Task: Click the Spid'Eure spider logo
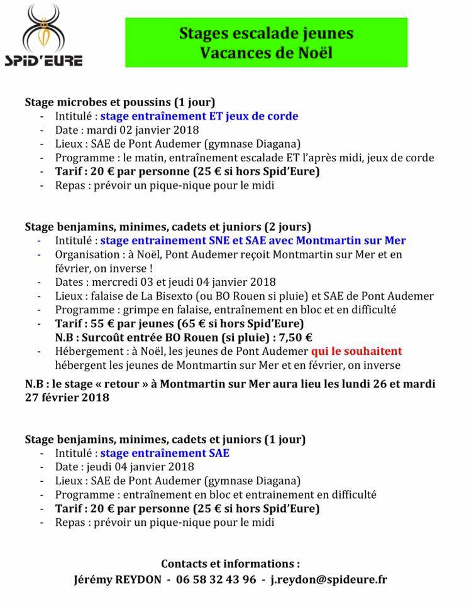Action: [x=44, y=36]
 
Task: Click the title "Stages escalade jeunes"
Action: [x=266, y=33]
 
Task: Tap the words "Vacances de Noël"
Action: [x=266, y=53]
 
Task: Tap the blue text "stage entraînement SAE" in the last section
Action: [x=165, y=453]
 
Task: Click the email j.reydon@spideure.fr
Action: [x=329, y=579]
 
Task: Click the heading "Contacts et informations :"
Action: [x=231, y=563]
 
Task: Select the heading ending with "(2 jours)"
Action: [x=168, y=226]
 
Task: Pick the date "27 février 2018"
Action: [x=67, y=397]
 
